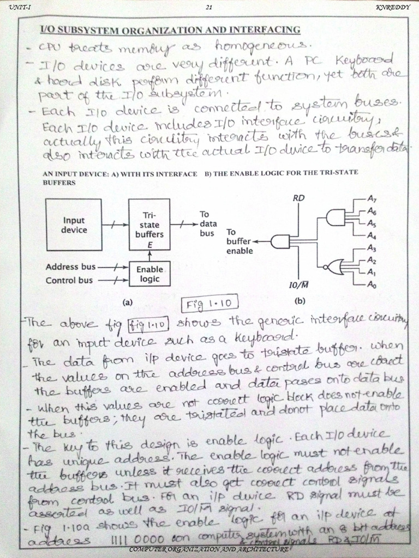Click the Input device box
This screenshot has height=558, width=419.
74,225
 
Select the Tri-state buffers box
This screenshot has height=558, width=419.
149,225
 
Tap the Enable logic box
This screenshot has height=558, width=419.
149,274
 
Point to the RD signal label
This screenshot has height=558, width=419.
298,198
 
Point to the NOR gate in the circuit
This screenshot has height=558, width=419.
332,266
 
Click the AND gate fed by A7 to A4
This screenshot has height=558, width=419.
334,219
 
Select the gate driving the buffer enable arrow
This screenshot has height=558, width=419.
280,240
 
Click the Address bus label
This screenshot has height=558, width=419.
71,267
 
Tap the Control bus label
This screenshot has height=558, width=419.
69,281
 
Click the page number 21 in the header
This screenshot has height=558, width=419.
209,7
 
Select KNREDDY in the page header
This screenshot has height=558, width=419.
390,7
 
